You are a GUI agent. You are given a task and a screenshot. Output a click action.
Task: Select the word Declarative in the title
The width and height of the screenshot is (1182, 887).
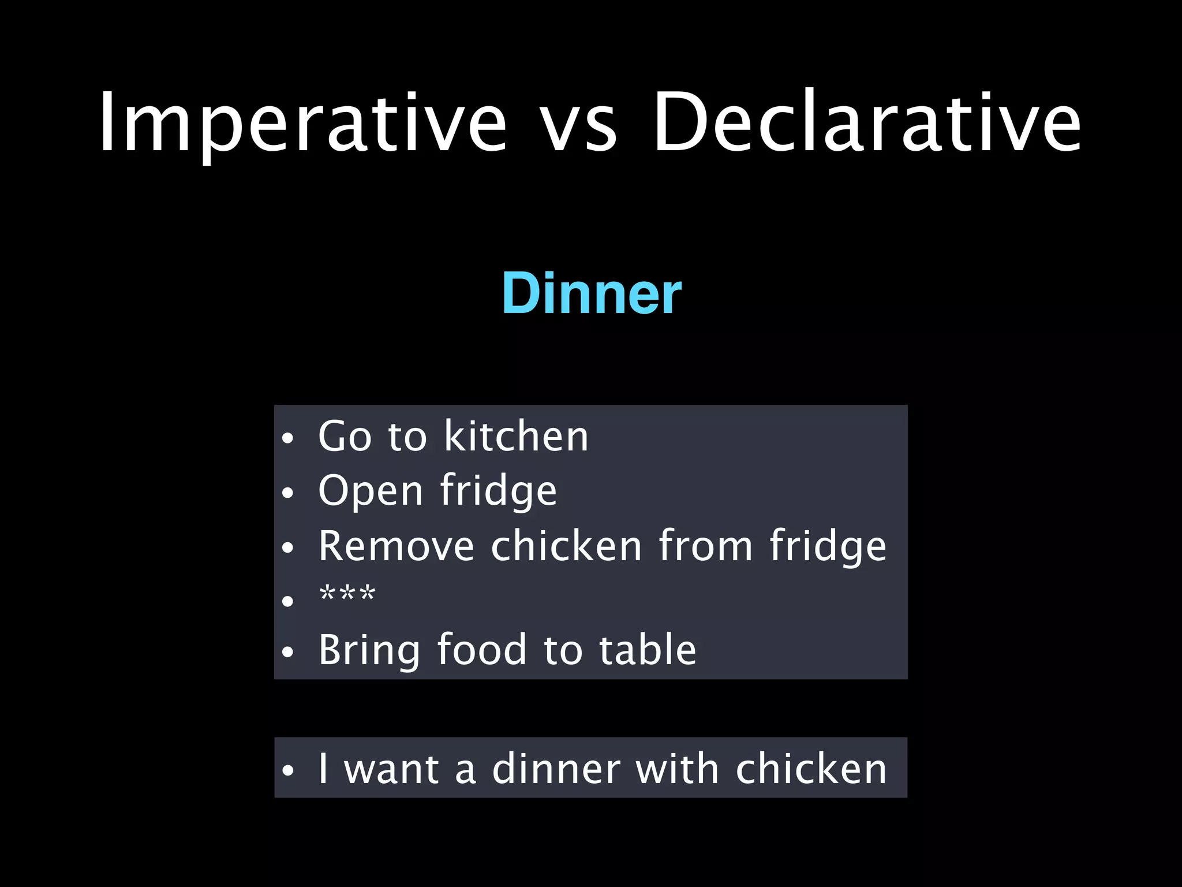[x=867, y=122]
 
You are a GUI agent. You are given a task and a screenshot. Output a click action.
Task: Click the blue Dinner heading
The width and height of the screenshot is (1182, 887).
[x=592, y=293]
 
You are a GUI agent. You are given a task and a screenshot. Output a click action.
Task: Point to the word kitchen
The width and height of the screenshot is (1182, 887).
[x=516, y=436]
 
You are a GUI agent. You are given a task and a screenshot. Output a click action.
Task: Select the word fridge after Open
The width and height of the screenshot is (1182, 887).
[x=499, y=491]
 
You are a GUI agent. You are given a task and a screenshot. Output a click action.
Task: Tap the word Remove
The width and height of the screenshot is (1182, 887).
[x=396, y=546]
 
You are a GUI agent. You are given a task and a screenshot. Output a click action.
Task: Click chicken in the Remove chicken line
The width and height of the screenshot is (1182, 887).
[x=566, y=546]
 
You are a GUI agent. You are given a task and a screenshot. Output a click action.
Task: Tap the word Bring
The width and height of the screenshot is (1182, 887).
[x=369, y=650]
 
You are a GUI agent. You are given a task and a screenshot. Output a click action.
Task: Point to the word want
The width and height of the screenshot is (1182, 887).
[x=391, y=769]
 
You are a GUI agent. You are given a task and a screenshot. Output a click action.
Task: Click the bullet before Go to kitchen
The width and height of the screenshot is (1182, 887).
[x=288, y=439]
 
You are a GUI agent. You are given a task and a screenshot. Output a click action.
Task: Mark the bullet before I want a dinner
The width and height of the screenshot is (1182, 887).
[x=288, y=771]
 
